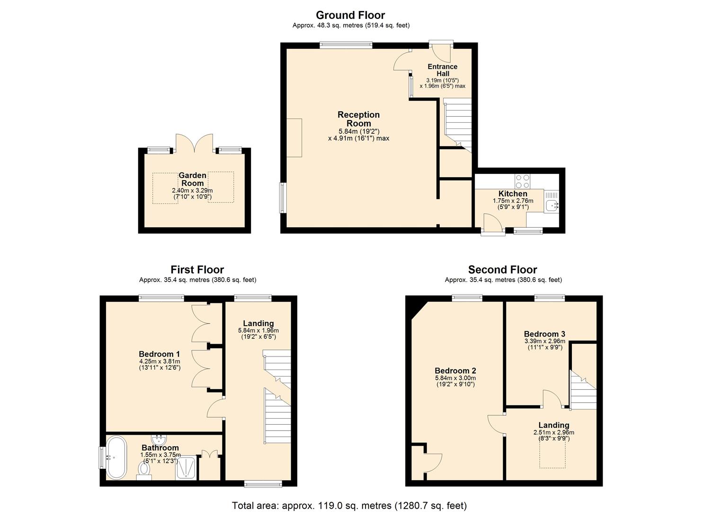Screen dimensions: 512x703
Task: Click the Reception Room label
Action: click(358, 119)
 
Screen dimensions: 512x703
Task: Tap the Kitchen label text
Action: click(513, 193)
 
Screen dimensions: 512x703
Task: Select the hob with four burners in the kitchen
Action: click(522, 182)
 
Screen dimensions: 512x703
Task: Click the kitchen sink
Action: click(551, 205)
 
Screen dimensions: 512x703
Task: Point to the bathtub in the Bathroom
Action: click(116, 457)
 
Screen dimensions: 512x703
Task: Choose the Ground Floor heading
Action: click(350, 15)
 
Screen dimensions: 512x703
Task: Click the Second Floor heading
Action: click(502, 270)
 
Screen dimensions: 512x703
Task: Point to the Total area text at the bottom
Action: click(349, 505)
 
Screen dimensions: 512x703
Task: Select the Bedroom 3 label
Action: click(544, 334)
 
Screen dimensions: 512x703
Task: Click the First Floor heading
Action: click(197, 270)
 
